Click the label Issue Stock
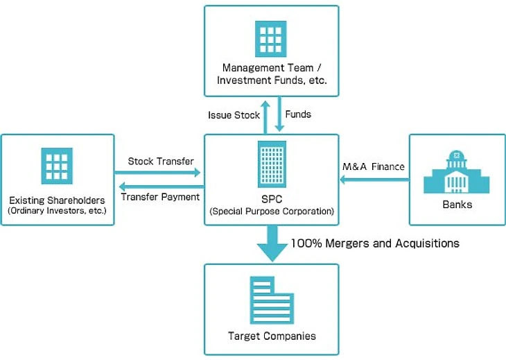point(234,115)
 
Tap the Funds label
point(299,114)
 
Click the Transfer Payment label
point(160,196)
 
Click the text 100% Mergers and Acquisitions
point(375,243)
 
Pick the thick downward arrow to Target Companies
point(271,244)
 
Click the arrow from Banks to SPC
point(374,180)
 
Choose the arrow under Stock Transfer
point(160,172)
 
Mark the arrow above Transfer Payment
point(160,186)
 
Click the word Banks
point(456,205)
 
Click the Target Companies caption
point(272,336)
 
